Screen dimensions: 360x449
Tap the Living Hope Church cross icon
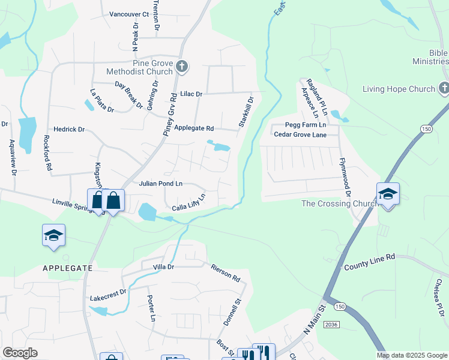tap(444, 89)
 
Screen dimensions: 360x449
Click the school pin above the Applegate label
tap(53, 236)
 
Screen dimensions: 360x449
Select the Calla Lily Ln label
tap(189, 202)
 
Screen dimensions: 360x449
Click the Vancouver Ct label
tap(129, 14)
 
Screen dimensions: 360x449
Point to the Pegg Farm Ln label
tap(305, 125)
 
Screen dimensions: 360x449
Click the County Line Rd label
tap(369, 261)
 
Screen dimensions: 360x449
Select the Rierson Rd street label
tap(226, 272)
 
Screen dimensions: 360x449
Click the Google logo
tap(20, 353)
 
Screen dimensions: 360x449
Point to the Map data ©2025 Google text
tap(412, 355)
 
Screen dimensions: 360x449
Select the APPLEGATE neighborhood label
tap(68, 268)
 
